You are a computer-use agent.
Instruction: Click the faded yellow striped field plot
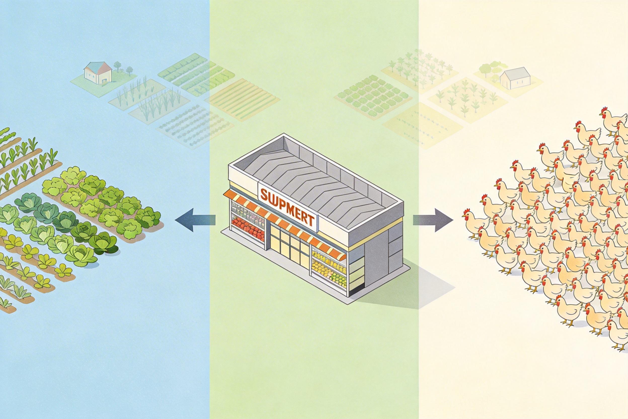click(x=243, y=100)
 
